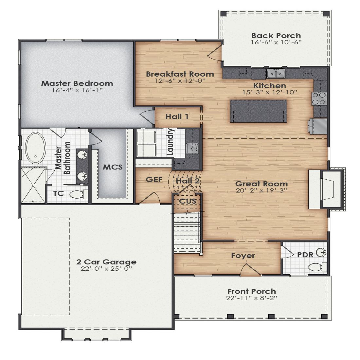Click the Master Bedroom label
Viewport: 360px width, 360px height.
tap(77, 83)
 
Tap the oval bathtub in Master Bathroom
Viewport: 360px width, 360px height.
tap(36, 148)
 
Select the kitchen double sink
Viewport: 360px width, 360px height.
tap(276, 74)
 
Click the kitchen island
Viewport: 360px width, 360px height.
tap(258, 111)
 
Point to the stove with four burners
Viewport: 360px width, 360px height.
tap(319, 99)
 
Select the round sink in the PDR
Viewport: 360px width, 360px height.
tap(321, 253)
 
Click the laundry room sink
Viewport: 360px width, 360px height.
tap(192, 148)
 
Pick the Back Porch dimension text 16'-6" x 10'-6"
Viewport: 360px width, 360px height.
tap(276, 42)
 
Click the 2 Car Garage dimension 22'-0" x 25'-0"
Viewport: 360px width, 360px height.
tap(106, 269)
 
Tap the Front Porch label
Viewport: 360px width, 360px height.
tap(252, 291)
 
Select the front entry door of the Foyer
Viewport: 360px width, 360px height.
tap(250, 270)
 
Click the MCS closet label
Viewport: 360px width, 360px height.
tap(113, 167)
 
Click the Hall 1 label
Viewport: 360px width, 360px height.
tap(177, 117)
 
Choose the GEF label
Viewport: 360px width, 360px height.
tap(154, 180)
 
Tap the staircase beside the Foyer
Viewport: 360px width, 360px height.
tap(187, 232)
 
